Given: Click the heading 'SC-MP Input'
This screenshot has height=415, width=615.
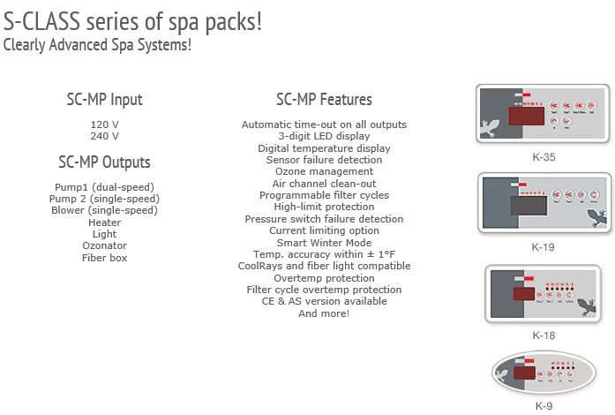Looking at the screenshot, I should pos(104,100).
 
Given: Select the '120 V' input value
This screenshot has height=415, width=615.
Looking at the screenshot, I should pos(104,124).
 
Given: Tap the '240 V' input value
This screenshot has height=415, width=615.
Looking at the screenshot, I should pos(104,136).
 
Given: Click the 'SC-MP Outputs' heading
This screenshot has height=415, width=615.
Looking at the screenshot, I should pos(104,162).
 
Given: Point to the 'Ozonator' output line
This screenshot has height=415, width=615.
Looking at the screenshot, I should pos(104,245).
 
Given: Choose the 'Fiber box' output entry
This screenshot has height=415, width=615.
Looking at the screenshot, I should pos(104,258).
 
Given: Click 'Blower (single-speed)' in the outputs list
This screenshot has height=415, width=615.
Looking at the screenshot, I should pos(104,210).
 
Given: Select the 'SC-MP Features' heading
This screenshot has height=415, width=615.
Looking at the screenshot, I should pos(324,100).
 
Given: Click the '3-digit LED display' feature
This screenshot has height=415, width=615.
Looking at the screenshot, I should pos(324,137).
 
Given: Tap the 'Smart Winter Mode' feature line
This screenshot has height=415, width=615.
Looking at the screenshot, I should pos(324,243).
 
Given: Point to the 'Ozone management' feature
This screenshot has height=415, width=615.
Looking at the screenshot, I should pos(324,172).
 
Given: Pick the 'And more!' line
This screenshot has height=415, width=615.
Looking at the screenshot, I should pos(324,313).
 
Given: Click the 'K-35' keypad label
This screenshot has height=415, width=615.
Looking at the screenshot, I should pos(544,157).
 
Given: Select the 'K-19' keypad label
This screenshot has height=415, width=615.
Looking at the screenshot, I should pos(544,247).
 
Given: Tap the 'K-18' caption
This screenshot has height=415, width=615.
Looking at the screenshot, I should pos(544,336).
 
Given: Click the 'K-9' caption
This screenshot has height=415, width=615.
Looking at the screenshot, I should pos(544,406).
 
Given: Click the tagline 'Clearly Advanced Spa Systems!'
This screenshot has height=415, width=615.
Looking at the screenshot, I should pos(97,43).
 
